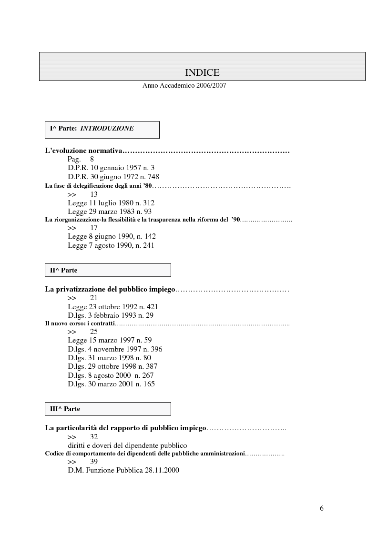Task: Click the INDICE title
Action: click(202, 72)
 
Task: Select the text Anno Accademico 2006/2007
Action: click(184, 86)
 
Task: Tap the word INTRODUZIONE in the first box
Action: click(107, 128)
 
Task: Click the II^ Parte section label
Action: click(64, 270)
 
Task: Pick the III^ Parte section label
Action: click(65, 409)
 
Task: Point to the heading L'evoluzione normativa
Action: click(84, 151)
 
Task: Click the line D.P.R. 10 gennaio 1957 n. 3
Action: click(111, 168)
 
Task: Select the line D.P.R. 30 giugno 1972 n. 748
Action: click(113, 176)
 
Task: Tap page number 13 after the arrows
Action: click(93, 194)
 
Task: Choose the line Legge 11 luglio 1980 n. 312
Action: click(111, 203)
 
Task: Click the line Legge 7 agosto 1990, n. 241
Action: click(111, 246)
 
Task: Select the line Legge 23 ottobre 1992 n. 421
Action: click(113, 306)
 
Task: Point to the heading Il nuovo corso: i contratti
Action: click(80, 323)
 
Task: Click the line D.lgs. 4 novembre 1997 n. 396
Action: click(115, 349)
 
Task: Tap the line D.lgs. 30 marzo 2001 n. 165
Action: click(111, 384)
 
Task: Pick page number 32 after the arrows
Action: click(94, 436)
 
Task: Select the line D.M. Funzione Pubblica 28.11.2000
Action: click(123, 471)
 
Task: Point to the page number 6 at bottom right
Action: click(322, 508)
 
